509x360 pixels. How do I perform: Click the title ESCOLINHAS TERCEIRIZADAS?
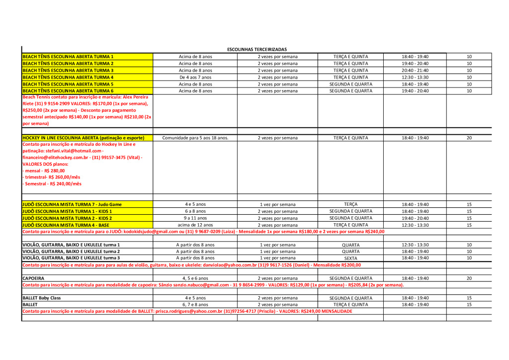[x=256, y=50]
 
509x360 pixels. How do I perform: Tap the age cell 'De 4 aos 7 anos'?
[x=195, y=78]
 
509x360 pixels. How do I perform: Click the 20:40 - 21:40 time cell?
[x=415, y=71]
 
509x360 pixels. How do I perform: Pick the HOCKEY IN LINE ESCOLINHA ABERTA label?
[x=84, y=138]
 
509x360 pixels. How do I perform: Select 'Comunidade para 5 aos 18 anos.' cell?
[x=195, y=138]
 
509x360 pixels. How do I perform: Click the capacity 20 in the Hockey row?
[x=469, y=138]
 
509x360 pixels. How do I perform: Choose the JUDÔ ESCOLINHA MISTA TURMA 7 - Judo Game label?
[x=72, y=204]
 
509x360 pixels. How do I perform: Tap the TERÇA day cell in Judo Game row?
[x=350, y=204]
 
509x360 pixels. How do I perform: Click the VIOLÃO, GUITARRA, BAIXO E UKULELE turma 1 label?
[x=71, y=245]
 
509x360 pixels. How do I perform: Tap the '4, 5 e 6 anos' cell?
[x=195, y=278]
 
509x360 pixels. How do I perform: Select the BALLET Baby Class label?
[x=42, y=298]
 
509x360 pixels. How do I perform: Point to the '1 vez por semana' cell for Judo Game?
[x=277, y=204]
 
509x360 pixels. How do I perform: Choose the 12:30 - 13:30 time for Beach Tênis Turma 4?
[x=415, y=78]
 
